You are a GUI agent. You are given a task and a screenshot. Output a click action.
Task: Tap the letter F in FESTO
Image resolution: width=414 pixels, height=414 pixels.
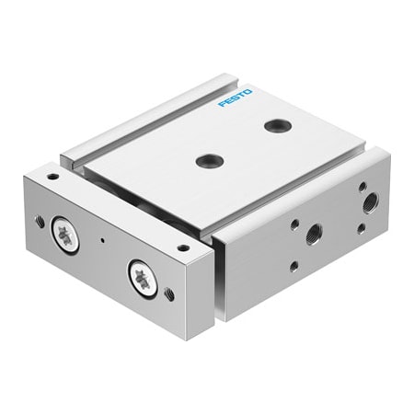(222, 106)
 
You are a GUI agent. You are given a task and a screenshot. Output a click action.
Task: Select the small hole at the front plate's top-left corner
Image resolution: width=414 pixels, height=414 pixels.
(53, 176)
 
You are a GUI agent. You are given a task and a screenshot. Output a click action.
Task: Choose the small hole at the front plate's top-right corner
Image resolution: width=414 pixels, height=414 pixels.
(182, 247)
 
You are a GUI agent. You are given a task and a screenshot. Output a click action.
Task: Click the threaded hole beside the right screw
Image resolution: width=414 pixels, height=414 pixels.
(169, 294)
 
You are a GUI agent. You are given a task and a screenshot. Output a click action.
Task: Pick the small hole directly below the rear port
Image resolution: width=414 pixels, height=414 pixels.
(360, 228)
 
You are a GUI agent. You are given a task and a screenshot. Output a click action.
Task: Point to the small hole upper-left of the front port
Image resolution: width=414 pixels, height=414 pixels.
(294, 224)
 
